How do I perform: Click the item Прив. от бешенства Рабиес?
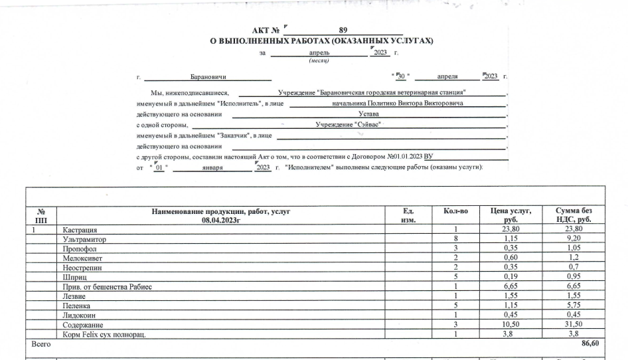(108, 286)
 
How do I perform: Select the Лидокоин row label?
(80, 315)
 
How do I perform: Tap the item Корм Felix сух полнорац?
(104, 334)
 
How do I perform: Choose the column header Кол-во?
(455, 211)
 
